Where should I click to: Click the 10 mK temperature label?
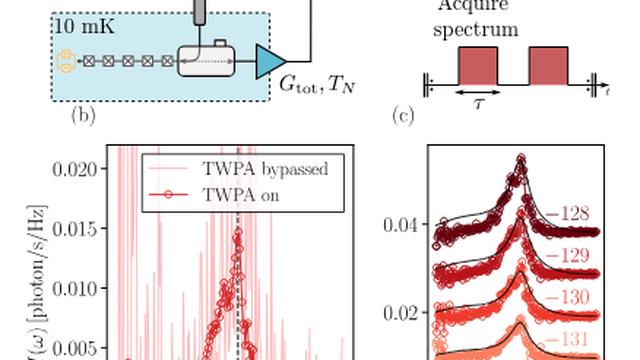tap(83, 26)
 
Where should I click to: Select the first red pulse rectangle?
tap(477, 65)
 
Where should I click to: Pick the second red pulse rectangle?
tap(548, 65)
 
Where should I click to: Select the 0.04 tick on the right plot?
tap(399, 225)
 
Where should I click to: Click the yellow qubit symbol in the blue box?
tap(67, 61)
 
